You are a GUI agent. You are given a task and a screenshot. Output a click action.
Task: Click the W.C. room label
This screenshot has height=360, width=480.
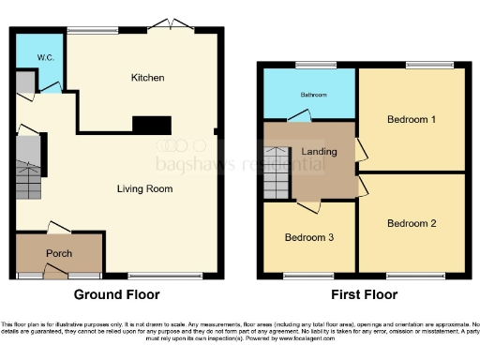coord(45,57)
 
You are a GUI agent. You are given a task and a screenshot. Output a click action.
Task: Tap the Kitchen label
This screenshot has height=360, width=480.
coord(147,78)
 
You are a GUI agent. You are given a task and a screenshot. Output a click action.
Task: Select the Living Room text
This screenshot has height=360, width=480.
coord(144,188)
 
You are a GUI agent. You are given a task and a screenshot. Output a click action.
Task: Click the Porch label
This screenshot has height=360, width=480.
coord(59,253)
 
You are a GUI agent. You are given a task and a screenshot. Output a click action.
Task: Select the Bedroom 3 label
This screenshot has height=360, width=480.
coord(309,237)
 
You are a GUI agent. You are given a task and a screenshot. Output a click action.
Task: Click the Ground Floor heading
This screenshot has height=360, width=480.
coord(117,294)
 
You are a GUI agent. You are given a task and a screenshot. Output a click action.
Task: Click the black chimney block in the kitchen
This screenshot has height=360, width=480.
coord(151,125)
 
